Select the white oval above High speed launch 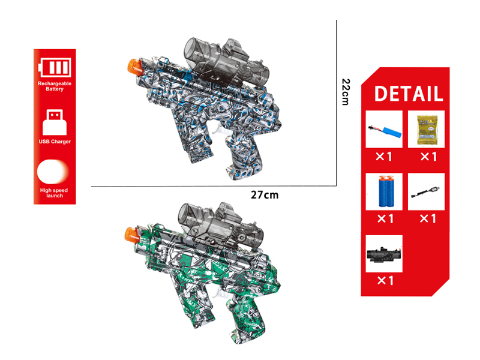54,173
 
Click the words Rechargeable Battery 54,86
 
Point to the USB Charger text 54,142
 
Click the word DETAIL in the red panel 409,94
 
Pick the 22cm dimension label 344,92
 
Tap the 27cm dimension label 265,195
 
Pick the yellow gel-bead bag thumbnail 427,129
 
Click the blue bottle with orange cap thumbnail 384,191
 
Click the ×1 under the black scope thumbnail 384,280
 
